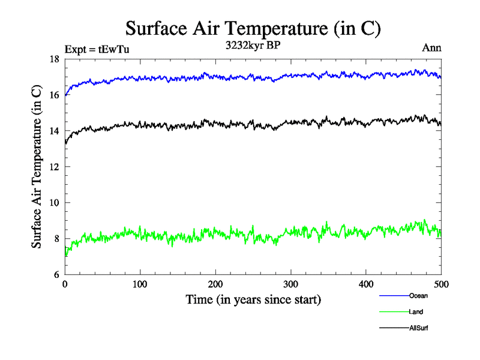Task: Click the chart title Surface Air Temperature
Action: click(253, 29)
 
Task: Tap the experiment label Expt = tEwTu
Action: click(97, 49)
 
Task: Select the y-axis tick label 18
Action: click(54, 59)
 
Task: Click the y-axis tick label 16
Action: click(54, 95)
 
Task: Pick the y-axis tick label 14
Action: click(54, 131)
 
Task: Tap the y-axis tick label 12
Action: click(54, 167)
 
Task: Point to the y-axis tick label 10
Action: click(54, 203)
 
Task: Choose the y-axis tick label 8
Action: click(56, 239)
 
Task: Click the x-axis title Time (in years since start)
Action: click(253, 299)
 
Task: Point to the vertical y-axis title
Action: click(37, 167)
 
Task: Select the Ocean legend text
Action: click(418, 296)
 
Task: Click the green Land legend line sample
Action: click(394, 312)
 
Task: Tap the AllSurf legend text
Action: click(418, 328)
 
